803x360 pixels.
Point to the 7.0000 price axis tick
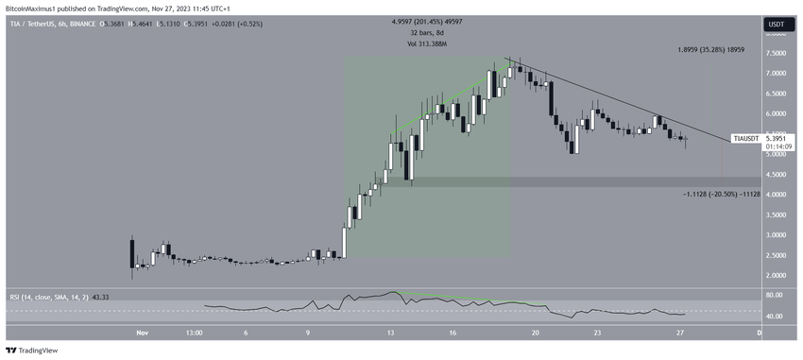point(775,73)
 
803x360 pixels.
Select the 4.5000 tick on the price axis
point(775,174)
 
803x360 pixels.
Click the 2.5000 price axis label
point(775,255)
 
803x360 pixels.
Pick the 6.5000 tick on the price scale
point(775,93)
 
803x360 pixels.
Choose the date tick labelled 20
point(536,333)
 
